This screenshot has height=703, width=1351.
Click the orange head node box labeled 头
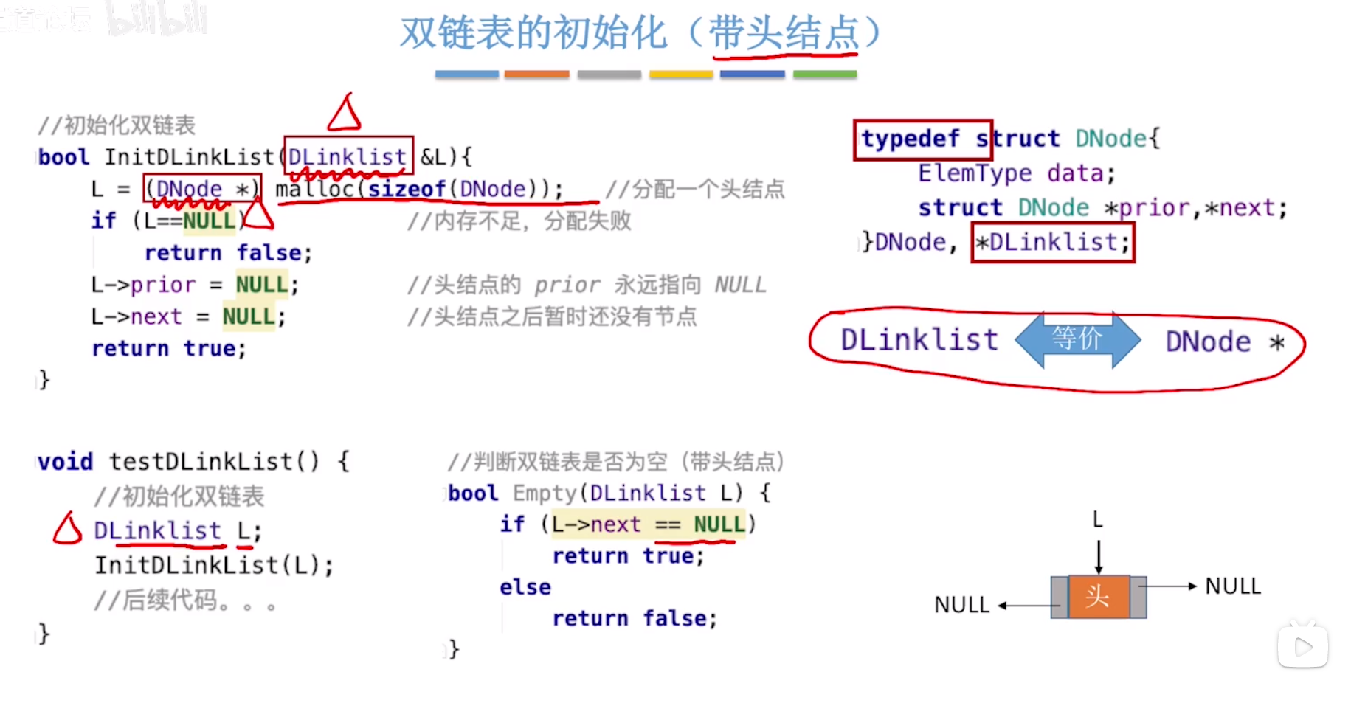[1098, 596]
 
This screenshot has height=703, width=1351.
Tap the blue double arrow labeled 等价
[1077, 339]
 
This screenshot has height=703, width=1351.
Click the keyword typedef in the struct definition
[911, 139]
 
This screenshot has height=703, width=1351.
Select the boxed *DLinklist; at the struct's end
[1052, 242]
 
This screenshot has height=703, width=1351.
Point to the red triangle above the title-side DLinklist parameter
[344, 114]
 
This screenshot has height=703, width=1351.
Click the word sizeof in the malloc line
[407, 189]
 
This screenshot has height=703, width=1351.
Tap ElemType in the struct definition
[975, 173]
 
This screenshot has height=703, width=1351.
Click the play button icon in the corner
[1302, 647]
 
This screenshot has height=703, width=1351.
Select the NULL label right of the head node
[1233, 586]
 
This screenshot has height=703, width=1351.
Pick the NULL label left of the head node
[961, 605]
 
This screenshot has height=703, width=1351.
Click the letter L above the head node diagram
[1098, 520]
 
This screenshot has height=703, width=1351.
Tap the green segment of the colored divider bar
[824, 75]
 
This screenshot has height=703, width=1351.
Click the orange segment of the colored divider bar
[536, 75]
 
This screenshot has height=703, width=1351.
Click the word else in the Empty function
[525, 587]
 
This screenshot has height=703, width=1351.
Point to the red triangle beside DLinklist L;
[67, 529]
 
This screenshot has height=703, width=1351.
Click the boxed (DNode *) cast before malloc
[201, 189]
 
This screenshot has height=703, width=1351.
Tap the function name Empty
[545, 493]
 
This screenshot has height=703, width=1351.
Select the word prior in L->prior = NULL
[163, 285]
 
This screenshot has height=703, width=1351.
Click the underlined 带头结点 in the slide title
[784, 33]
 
